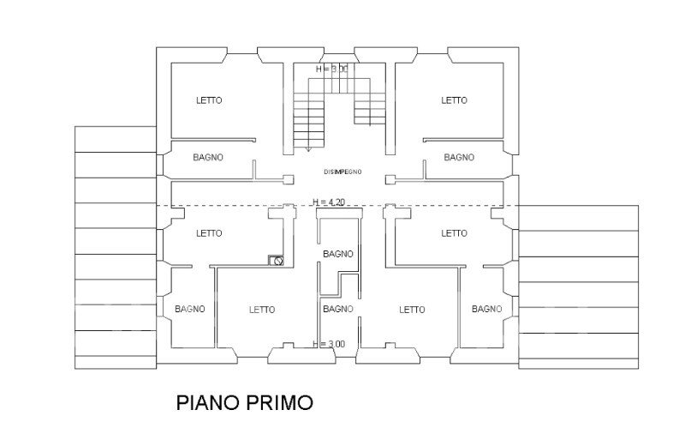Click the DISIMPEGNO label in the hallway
click(342, 172)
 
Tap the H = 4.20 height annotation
click(329, 202)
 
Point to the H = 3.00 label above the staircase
click(332, 69)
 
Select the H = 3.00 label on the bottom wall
click(329, 344)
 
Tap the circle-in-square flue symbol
click(276, 261)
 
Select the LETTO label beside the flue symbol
click(209, 233)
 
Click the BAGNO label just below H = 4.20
click(337, 254)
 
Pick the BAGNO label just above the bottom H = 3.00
click(337, 309)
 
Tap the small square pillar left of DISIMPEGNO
click(289, 179)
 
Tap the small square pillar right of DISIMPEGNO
click(390, 179)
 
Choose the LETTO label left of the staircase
click(209, 100)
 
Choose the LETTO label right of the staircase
click(454, 100)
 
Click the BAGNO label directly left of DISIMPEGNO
click(208, 157)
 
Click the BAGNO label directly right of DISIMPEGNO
click(459, 157)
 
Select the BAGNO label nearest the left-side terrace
click(189, 309)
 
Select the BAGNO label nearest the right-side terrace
click(486, 309)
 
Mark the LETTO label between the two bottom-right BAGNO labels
click(412, 310)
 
